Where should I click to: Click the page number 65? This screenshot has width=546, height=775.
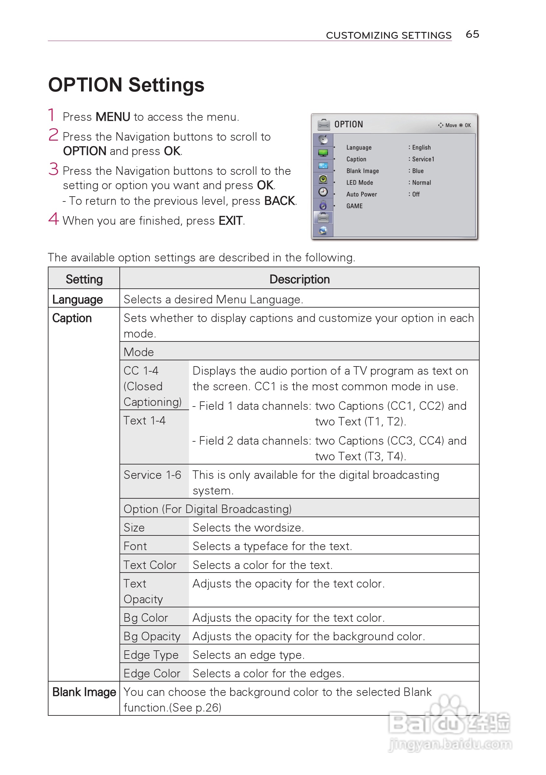tap(472, 34)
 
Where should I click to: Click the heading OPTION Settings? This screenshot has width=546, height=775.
tap(126, 85)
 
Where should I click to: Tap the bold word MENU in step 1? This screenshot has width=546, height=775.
tap(113, 117)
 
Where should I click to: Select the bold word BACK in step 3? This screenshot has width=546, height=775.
tap(280, 201)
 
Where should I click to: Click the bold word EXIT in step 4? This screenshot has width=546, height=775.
tap(230, 221)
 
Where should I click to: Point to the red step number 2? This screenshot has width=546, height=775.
tap(53, 135)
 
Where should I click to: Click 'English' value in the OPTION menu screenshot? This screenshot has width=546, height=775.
tap(421, 147)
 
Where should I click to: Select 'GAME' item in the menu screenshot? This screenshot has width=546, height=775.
tap(354, 206)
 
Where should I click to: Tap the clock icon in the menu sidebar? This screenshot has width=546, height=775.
tap(323, 192)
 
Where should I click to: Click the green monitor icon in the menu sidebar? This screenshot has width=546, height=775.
tap(323, 153)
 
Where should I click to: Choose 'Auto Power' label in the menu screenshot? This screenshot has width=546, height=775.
tap(362, 194)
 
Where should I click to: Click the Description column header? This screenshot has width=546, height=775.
tap(299, 279)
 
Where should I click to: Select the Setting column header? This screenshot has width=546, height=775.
tap(84, 279)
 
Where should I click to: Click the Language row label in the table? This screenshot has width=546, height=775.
tap(77, 299)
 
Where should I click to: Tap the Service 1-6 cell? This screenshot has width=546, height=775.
tap(152, 475)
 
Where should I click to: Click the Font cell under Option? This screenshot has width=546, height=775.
tap(135, 546)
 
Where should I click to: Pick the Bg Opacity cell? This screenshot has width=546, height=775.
tap(152, 636)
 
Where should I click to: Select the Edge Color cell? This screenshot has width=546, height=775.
tap(152, 673)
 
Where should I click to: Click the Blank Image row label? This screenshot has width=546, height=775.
tap(84, 692)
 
